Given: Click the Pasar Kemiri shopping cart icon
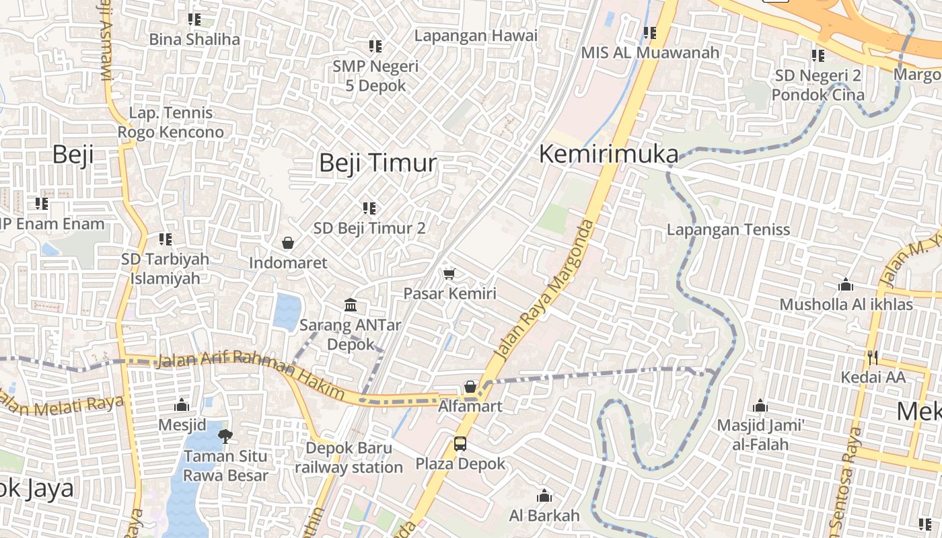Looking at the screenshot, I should [449, 274].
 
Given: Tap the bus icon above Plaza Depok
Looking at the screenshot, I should [460, 444].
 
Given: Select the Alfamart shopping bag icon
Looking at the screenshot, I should [470, 387].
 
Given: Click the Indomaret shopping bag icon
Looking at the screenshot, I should [288, 243].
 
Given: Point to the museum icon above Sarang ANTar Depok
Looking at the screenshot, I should [351, 306].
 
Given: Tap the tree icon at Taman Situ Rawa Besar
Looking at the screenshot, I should [225, 436].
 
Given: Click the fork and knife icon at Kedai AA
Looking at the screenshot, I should [873, 357].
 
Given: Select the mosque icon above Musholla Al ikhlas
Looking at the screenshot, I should [846, 285].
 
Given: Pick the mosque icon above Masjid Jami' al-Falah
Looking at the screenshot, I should [760, 406].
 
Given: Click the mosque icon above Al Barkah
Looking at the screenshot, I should [544, 497].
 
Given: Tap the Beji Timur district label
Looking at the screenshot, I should [377, 163].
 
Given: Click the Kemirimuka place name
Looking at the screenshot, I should [609, 155].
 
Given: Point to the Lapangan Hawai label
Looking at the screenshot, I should [476, 36].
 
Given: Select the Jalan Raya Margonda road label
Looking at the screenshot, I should [545, 290].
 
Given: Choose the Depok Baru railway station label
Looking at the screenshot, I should [349, 457].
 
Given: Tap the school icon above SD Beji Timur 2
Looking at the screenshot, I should [369, 208].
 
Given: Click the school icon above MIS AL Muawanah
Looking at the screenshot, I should [649, 32].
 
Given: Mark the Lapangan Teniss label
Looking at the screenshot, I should [728, 230].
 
